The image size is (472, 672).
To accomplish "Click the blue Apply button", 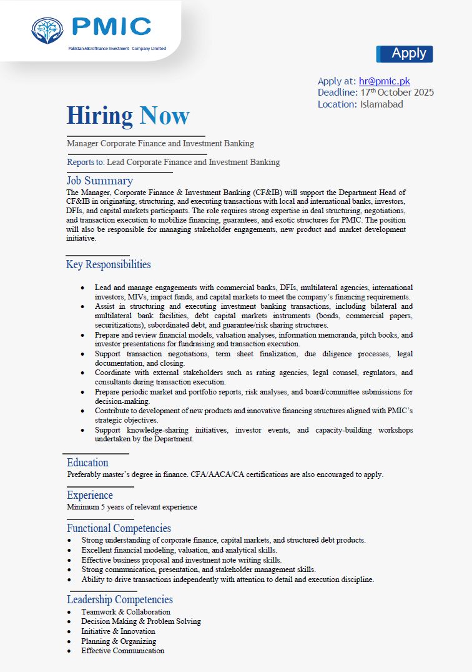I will pyautogui.click(x=405, y=54).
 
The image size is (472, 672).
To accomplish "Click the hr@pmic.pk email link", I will pyautogui.click(x=384, y=81).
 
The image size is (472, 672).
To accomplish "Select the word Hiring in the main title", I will pyautogui.click(x=100, y=116).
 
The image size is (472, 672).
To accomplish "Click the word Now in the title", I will pyautogui.click(x=164, y=116).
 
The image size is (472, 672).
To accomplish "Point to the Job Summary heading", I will pyautogui.click(x=100, y=181).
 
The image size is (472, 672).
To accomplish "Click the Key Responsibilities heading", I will pyautogui.click(x=108, y=264).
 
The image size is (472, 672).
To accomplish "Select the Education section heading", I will pyautogui.click(x=87, y=463).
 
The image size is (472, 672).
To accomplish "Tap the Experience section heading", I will pyautogui.click(x=90, y=495).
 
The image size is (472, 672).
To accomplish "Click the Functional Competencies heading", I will pyautogui.click(x=119, y=528).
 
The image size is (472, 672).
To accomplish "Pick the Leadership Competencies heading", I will pyautogui.click(x=120, y=600).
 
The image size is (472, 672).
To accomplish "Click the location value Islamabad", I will pyautogui.click(x=381, y=104).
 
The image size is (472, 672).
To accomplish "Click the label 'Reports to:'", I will pyautogui.click(x=86, y=163).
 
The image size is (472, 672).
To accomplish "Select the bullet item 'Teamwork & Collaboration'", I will pyautogui.click(x=125, y=612).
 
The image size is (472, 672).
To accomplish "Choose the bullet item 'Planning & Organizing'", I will pyautogui.click(x=119, y=641).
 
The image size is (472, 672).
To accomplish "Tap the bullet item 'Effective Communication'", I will pyautogui.click(x=122, y=651).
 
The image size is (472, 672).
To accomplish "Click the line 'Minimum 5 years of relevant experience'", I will pyautogui.click(x=132, y=507).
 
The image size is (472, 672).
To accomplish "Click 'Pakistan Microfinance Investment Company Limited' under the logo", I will pyautogui.click(x=117, y=48).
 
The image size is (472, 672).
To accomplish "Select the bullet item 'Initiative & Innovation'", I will pyautogui.click(x=118, y=631).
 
